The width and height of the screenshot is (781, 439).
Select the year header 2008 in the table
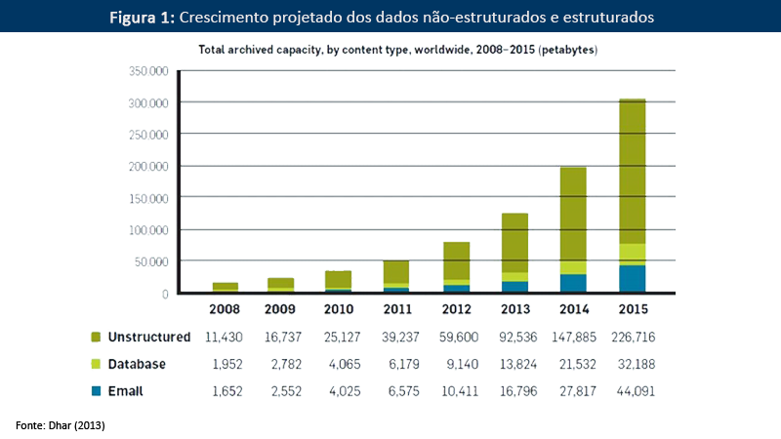tap(226, 311)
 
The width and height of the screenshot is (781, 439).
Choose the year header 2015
tap(634, 311)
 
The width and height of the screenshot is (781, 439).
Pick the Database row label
tap(137, 364)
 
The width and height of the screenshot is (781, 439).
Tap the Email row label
tap(127, 390)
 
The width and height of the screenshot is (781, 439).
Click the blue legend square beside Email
tap(97, 390)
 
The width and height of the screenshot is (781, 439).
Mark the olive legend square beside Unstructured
tap(97, 337)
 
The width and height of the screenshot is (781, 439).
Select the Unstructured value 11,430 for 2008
tap(226, 337)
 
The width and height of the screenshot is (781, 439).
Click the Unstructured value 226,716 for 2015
tap(634, 337)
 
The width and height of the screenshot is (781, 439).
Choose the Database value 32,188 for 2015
tap(634, 364)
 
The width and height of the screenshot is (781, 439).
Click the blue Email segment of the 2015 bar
tap(633, 278)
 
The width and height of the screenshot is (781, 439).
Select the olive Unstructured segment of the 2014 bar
tap(575, 215)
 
